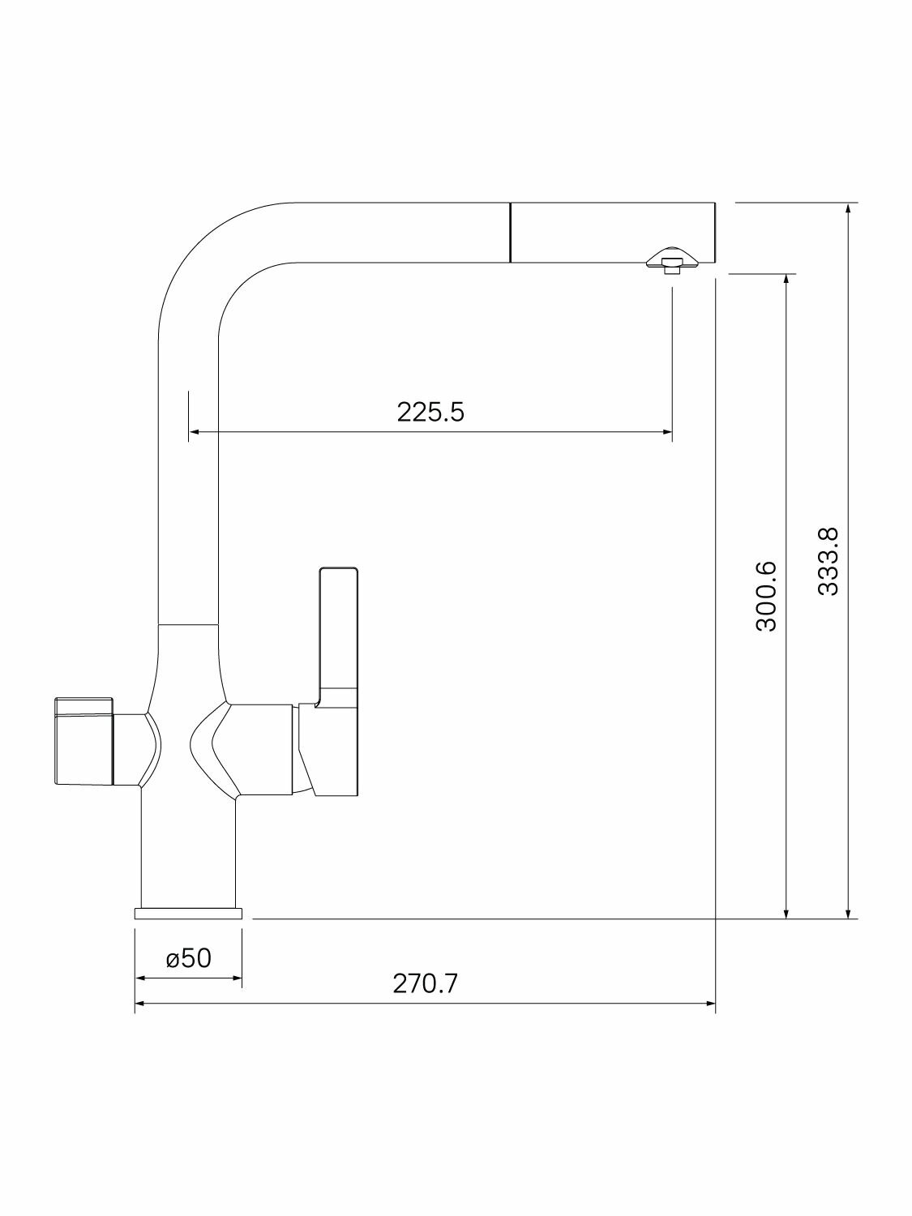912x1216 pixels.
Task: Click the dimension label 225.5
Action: click(x=430, y=412)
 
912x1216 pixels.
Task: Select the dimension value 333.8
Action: click(x=829, y=561)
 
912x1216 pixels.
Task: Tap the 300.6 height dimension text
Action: click(x=767, y=596)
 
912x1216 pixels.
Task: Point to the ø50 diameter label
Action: click(x=189, y=958)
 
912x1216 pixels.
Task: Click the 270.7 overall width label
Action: click(x=426, y=984)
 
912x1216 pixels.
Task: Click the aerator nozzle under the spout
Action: click(x=674, y=260)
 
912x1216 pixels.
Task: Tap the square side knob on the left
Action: click(x=83, y=741)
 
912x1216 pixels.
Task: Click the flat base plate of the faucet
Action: click(x=188, y=914)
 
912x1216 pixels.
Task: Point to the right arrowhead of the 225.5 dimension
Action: click(x=667, y=432)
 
